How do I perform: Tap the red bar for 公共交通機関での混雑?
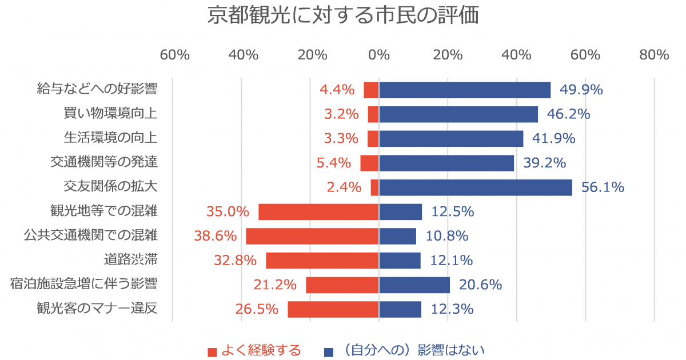pos(312,236)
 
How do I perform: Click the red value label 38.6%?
pos(216,235)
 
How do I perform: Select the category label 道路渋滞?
pos(131,260)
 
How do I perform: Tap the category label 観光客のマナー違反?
pos(97,309)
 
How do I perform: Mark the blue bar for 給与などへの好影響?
pos(465,90)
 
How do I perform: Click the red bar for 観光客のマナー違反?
pos(333,309)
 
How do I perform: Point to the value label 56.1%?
pos(603,187)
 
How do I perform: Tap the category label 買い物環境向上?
pos(111,114)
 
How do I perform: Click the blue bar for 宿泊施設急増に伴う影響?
pos(414,285)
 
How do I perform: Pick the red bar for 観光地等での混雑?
pos(318,211)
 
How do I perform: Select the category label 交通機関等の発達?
pos(104,162)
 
